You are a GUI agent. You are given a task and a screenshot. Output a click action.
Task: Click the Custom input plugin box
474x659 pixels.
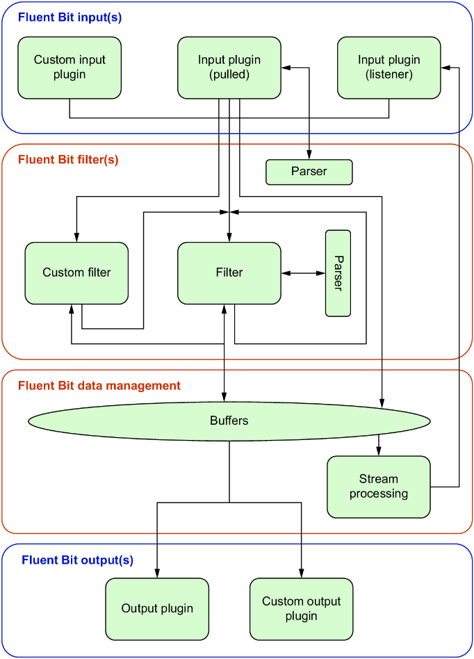pos(70,67)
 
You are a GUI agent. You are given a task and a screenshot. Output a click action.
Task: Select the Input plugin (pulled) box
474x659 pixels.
pos(229,67)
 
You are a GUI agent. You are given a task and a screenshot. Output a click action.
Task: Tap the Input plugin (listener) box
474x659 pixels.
pos(389,67)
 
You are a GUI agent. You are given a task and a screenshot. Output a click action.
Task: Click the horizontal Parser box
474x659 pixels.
pos(309,172)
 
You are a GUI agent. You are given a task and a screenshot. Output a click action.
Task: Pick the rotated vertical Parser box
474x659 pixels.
pos(338,273)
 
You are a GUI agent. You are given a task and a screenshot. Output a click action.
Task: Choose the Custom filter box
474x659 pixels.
pos(76,273)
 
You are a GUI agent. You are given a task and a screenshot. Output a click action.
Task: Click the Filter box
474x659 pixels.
pos(229,273)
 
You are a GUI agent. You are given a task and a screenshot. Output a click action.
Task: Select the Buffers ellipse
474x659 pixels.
pos(229,421)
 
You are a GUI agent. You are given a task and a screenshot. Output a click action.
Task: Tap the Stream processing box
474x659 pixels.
pos(379,487)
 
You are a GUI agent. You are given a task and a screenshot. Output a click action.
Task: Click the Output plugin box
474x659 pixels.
pos(157,609)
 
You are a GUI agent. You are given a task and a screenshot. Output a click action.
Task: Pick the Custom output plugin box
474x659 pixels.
pos(302,609)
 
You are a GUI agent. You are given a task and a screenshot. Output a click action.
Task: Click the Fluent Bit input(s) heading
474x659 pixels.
pos(70,17)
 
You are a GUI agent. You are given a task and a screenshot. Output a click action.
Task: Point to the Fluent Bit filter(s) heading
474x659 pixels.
pos(68,160)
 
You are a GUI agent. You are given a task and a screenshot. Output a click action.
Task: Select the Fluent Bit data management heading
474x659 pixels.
pos(99,386)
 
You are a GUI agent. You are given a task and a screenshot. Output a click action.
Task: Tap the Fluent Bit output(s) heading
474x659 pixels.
pos(77,560)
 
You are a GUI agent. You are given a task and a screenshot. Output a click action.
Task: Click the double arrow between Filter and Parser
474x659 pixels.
pos(303,273)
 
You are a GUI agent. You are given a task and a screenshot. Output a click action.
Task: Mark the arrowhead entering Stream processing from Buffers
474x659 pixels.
pos(379,451)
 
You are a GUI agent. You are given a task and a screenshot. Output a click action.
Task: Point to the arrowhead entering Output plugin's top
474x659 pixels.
pos(157,573)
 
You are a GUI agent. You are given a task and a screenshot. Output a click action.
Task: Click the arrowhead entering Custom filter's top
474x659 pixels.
pos(76,238)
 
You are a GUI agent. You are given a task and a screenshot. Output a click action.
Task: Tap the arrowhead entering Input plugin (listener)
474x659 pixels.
pos(446,67)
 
